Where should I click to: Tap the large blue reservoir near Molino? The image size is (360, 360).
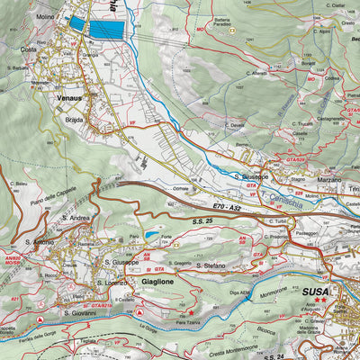point(106,29)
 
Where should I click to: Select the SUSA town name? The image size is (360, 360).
point(315,292)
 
